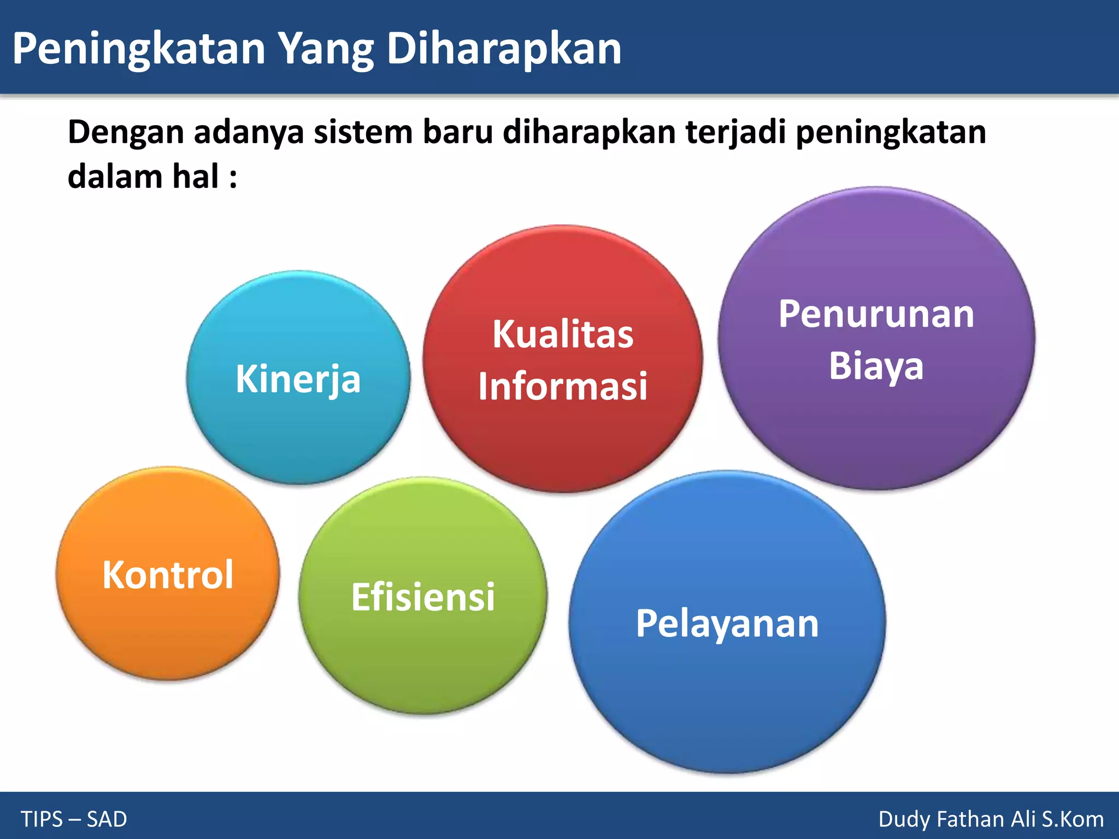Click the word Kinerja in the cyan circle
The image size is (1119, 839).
[x=298, y=379]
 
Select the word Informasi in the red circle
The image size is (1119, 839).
[x=563, y=386]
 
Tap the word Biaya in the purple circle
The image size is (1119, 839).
[x=876, y=365]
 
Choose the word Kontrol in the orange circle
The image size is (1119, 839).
[x=168, y=575]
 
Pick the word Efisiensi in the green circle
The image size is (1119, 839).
[x=423, y=596]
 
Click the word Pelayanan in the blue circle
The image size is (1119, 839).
[x=727, y=623]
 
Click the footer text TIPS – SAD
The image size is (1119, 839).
[x=74, y=819]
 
